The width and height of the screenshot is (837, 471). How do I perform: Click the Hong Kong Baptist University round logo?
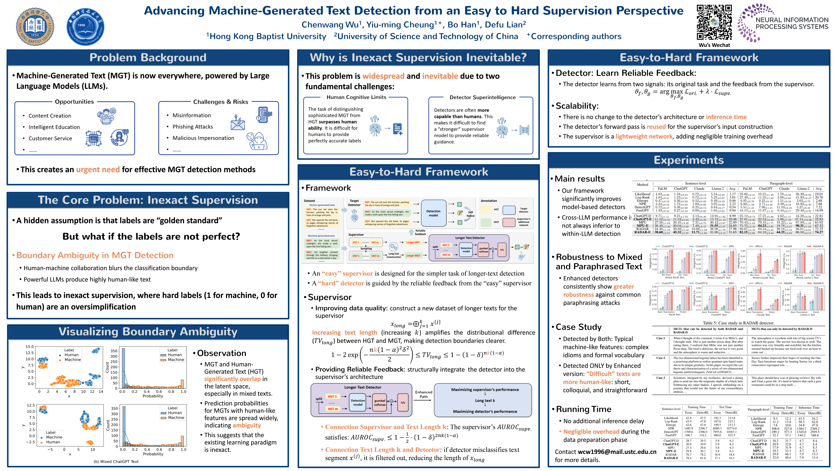(35, 27)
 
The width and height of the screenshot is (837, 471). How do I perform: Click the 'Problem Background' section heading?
(148, 58)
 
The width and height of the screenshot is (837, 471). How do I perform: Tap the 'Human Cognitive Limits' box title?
(356, 97)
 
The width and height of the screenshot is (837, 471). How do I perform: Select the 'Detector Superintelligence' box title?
(482, 97)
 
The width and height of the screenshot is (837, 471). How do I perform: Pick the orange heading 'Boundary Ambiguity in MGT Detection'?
(95, 255)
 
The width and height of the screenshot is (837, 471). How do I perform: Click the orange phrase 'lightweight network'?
(644, 137)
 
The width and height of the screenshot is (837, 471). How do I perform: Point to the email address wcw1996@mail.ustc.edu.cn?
(617, 452)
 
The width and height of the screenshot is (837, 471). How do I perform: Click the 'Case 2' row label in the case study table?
(660, 358)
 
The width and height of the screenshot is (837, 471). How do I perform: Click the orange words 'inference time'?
(726, 117)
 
